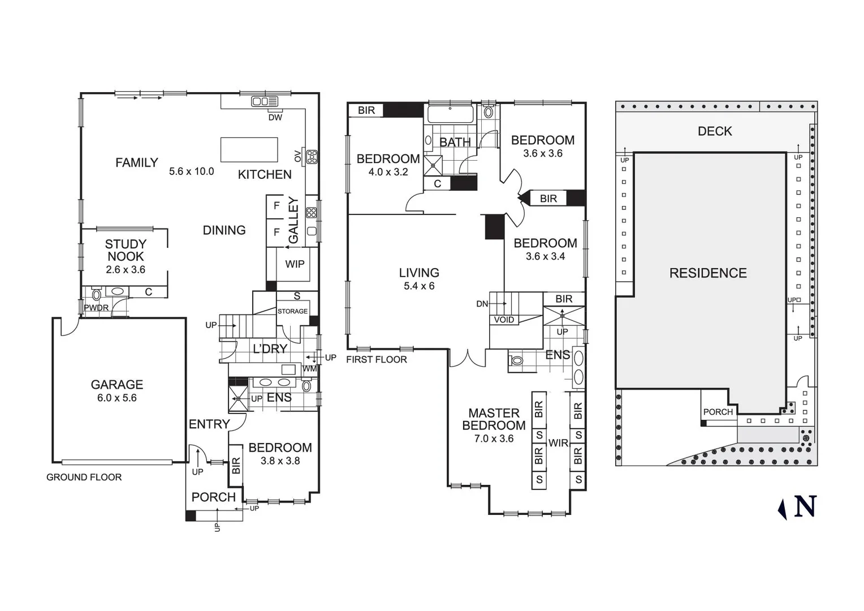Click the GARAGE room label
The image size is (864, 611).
[x=117, y=385]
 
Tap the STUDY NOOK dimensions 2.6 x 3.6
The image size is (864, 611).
[x=126, y=270]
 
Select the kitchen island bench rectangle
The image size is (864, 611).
[x=249, y=150]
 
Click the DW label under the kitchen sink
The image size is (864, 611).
[x=275, y=118]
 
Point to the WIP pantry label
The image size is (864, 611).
[x=295, y=264]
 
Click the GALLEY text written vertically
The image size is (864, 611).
[x=293, y=220]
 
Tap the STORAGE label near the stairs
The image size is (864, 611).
[x=292, y=311]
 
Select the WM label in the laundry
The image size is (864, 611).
[x=309, y=369]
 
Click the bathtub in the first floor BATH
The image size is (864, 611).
[x=450, y=114]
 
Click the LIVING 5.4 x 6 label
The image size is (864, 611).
[x=419, y=279]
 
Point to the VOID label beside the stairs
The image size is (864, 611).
[x=504, y=320]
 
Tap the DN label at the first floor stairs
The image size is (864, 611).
[x=482, y=304]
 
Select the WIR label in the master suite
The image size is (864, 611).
[x=558, y=443]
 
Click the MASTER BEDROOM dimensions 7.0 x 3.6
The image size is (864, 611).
[x=494, y=438]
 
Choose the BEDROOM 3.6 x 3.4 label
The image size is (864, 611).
[x=545, y=249]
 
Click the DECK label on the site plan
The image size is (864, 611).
[x=715, y=131]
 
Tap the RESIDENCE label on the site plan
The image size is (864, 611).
[x=708, y=273]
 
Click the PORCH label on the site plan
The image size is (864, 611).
[x=718, y=412]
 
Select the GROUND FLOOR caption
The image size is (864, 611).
[x=84, y=477]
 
